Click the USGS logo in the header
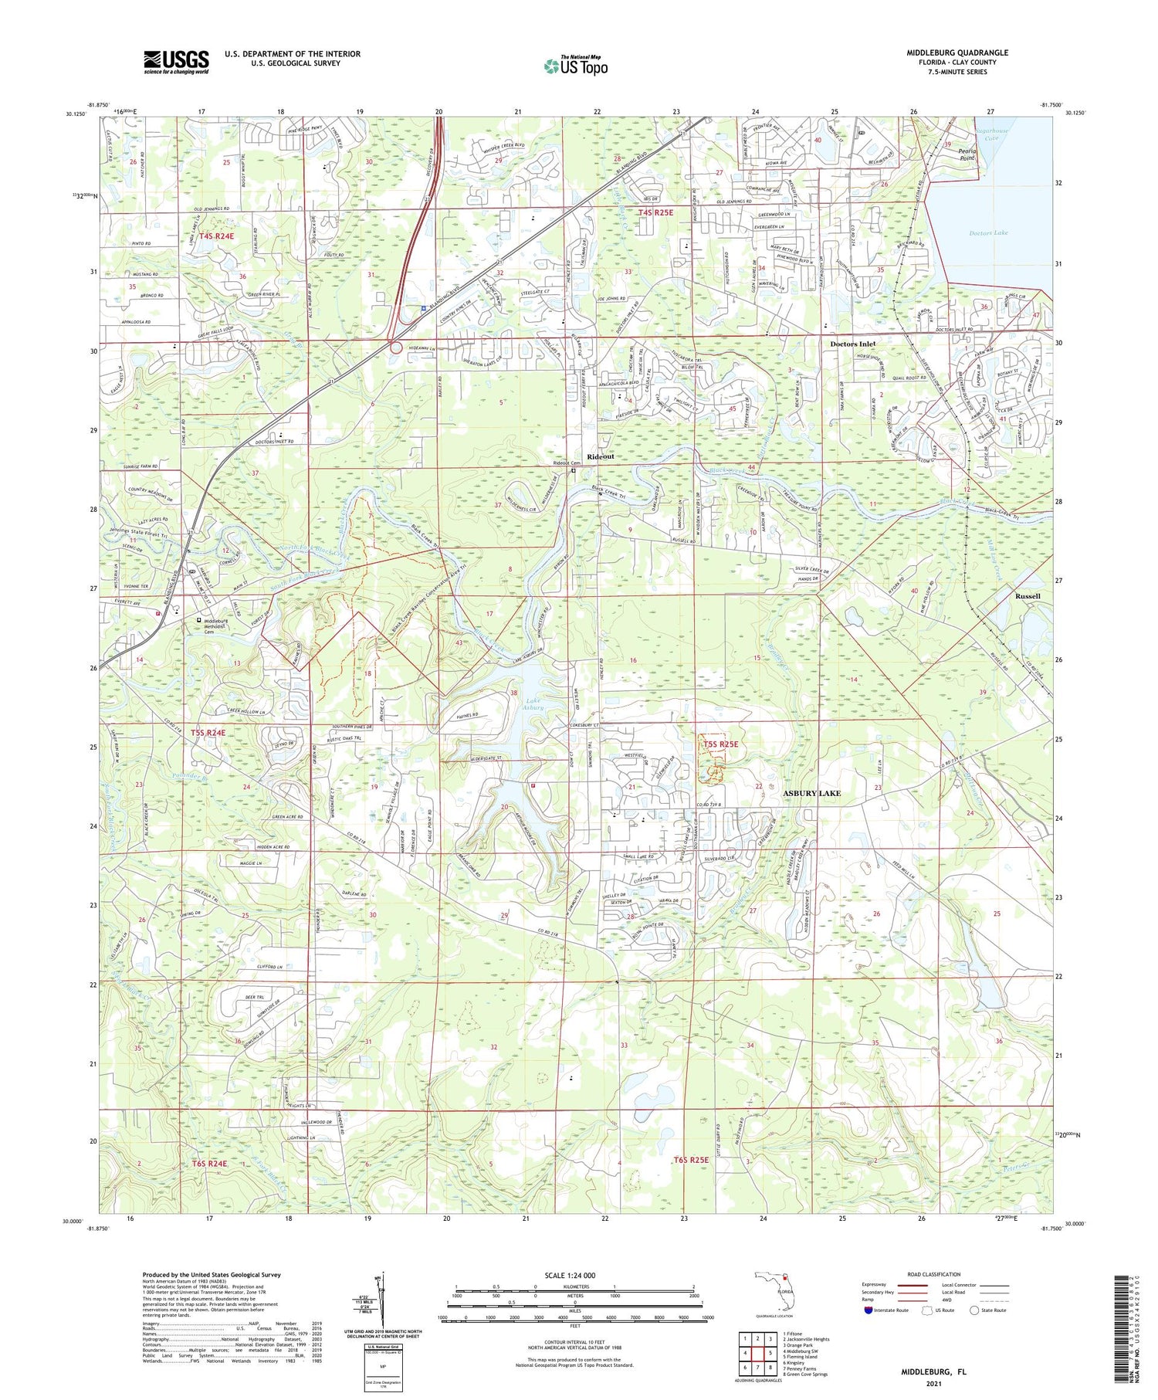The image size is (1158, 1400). pos(176,62)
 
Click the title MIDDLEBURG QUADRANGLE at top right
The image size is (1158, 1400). pos(957,53)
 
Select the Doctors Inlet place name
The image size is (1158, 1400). pos(852,344)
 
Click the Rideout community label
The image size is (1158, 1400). pos(601,456)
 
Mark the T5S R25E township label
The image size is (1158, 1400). pos(720,744)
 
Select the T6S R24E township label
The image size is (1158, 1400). pos(209,1163)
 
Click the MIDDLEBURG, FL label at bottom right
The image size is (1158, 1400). pos(933,1372)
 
